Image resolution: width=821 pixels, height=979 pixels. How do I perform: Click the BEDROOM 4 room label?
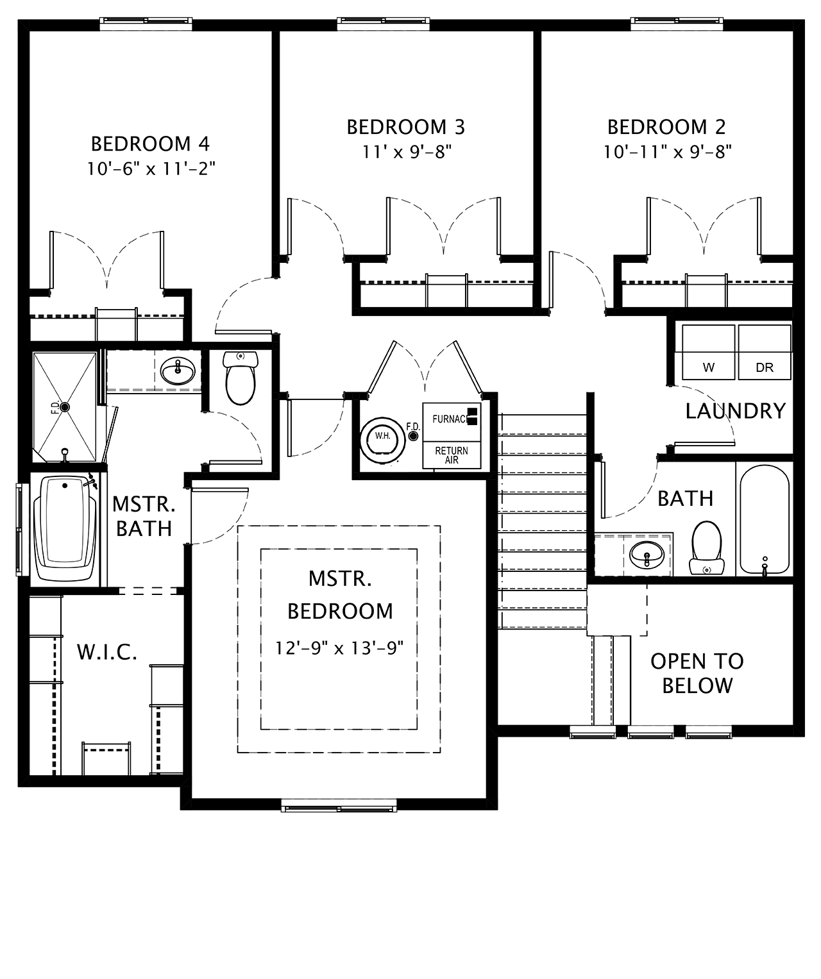click(x=150, y=144)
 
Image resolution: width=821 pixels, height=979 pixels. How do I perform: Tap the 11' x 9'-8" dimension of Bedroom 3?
click(x=406, y=152)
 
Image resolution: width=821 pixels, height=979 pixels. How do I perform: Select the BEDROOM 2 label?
click(x=666, y=127)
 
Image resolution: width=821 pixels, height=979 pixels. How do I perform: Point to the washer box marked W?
click(x=708, y=352)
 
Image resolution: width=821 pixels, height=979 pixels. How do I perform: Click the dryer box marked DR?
click(x=765, y=352)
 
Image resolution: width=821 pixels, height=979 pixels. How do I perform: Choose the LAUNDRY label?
click(x=736, y=411)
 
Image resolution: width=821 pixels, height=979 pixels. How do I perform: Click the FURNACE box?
click(x=452, y=422)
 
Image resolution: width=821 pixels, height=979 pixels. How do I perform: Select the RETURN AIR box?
click(x=452, y=455)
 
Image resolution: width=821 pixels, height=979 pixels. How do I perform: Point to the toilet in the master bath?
click(x=241, y=378)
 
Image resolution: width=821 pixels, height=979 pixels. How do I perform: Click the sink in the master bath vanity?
click(x=178, y=371)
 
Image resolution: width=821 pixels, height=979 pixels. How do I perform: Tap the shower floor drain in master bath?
click(x=65, y=407)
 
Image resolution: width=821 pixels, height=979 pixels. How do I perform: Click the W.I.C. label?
click(x=107, y=652)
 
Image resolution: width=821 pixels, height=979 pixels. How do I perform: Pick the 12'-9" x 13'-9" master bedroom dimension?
click(x=339, y=648)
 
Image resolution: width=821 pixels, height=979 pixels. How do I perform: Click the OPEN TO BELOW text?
click(x=697, y=673)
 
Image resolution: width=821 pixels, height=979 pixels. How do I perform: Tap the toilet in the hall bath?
click(x=707, y=548)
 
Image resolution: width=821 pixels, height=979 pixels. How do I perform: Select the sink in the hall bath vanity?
click(x=647, y=555)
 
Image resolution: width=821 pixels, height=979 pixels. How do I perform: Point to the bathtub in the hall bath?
click(x=765, y=519)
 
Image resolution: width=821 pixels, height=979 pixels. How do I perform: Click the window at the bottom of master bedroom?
click(x=339, y=805)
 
